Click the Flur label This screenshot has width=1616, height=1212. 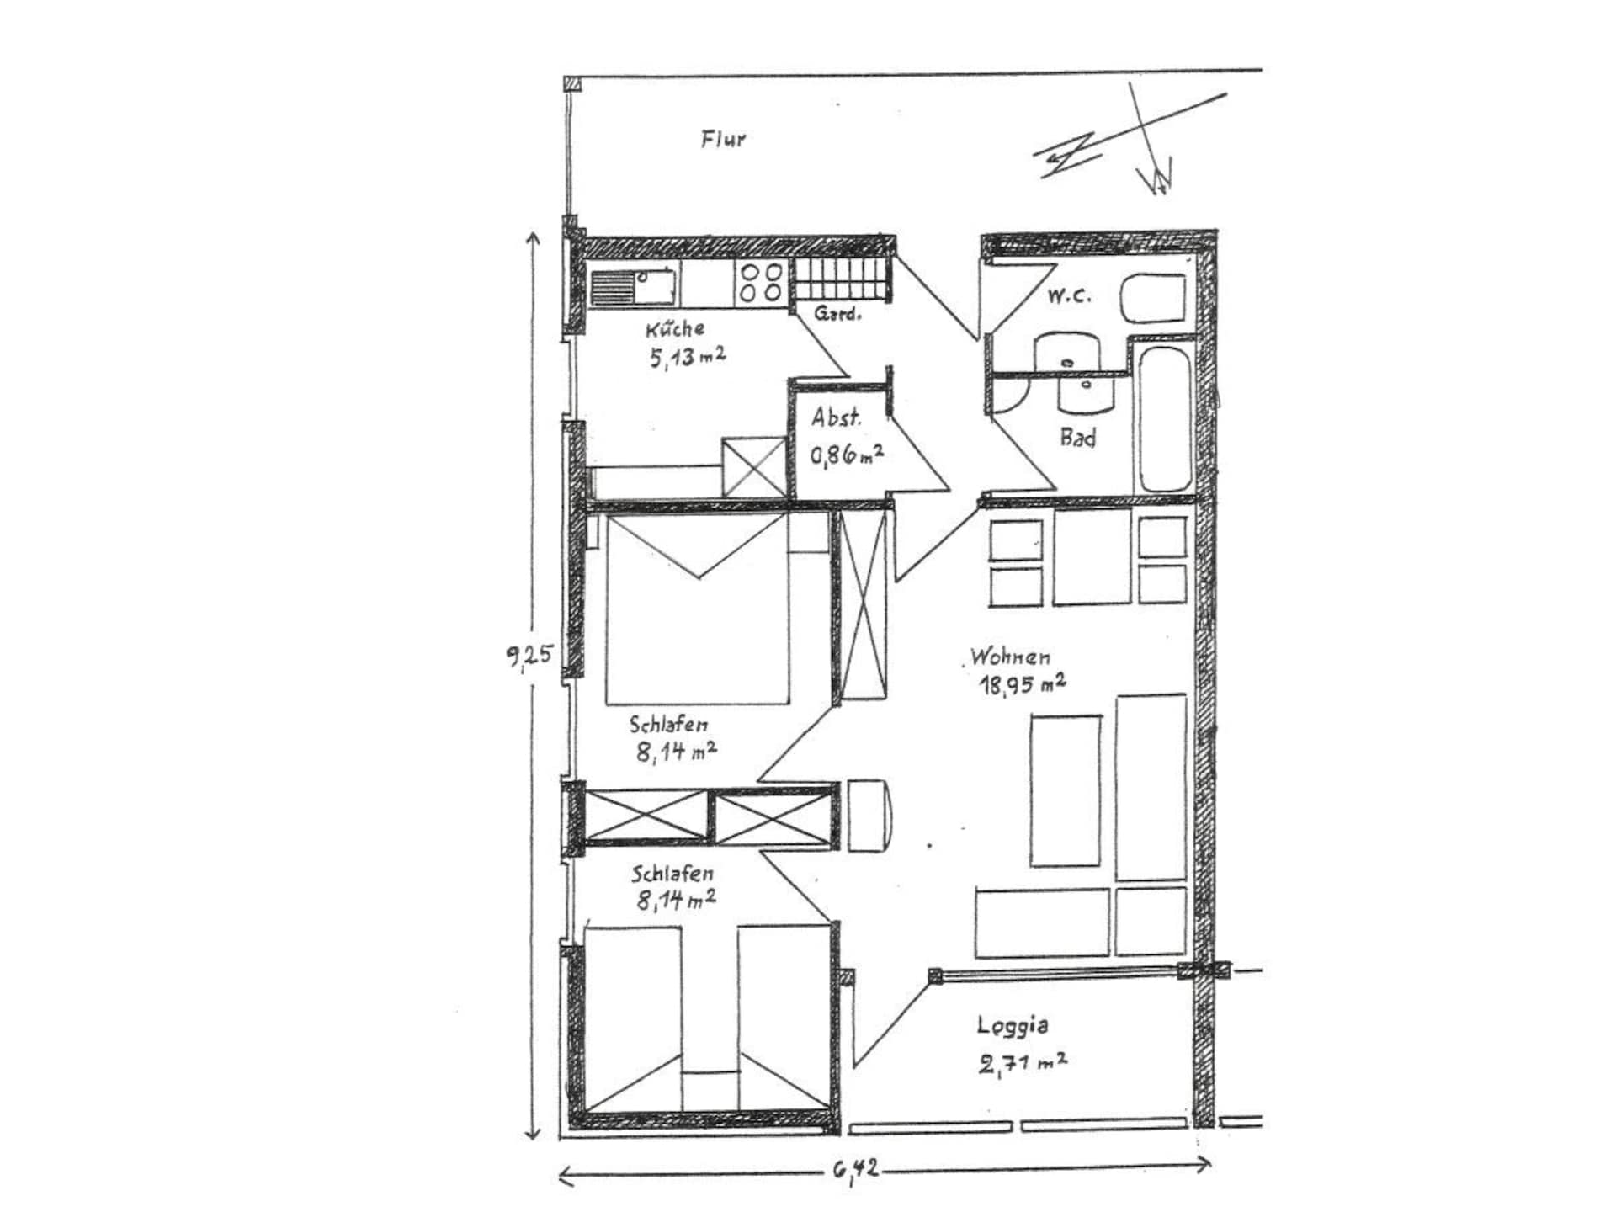(x=723, y=139)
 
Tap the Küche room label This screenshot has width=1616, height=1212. (x=675, y=328)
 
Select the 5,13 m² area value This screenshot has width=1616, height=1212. (x=687, y=357)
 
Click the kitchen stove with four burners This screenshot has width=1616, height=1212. (x=762, y=282)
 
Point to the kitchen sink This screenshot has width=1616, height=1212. (x=633, y=285)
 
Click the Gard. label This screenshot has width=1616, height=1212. (x=837, y=315)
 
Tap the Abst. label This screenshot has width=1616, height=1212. (x=836, y=417)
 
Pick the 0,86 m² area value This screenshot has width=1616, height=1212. (x=847, y=455)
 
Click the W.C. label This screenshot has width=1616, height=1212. (x=1069, y=295)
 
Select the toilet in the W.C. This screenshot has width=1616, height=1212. (x=1152, y=297)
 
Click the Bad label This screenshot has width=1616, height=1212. (x=1077, y=438)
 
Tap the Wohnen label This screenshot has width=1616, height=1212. (x=1010, y=656)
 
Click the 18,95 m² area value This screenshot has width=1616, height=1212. (x=1022, y=683)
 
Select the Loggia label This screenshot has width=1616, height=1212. (x=1013, y=1025)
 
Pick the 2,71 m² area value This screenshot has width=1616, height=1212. (x=1023, y=1063)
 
